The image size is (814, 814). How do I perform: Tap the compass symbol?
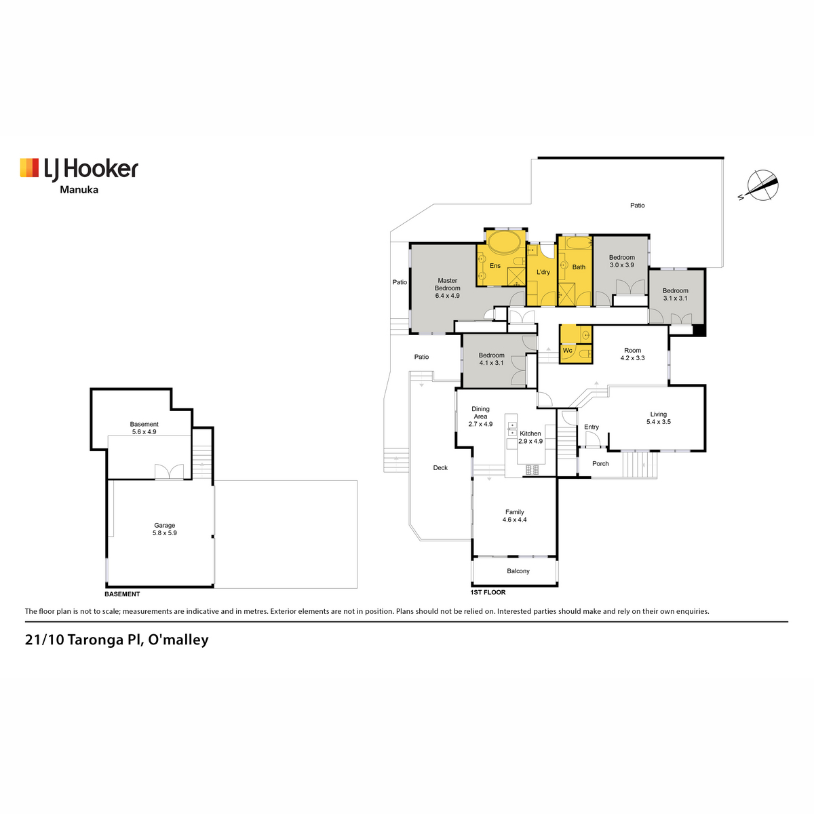coord(761,185)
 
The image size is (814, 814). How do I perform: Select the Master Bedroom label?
coord(447,284)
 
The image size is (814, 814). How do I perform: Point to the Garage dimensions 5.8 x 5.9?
coord(165,533)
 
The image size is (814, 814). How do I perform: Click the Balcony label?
coord(518,571)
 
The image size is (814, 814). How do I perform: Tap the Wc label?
coord(567,350)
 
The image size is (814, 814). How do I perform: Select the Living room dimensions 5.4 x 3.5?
coord(658,421)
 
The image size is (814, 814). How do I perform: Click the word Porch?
coord(600,464)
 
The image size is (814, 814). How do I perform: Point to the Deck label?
coord(440,467)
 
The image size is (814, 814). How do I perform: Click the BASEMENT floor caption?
coord(122,594)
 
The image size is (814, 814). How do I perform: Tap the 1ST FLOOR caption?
coord(488,592)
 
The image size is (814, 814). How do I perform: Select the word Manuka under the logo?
coord(79,190)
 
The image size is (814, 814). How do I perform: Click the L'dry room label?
coord(543,272)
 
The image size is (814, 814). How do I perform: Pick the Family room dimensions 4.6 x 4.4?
coord(514,520)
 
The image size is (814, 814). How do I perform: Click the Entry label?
coord(592,427)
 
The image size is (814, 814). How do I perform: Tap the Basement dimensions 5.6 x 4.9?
coord(144,431)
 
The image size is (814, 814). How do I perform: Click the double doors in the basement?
coord(169,471)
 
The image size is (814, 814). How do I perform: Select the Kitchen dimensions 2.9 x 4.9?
coord(530,441)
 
